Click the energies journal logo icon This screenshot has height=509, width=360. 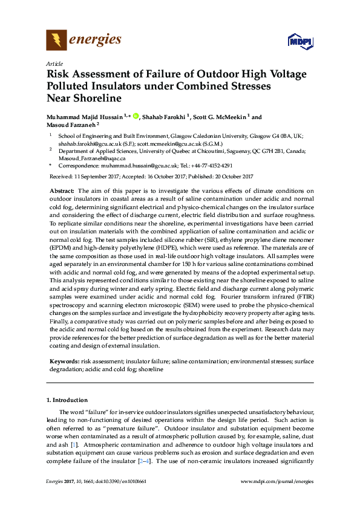pyautogui.click(x=56, y=41)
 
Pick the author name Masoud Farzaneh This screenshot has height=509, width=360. pyautogui.click(x=71, y=125)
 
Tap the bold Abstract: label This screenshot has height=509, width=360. pyautogui.click(x=62, y=190)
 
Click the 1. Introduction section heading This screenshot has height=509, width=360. pyautogui.click(x=67, y=400)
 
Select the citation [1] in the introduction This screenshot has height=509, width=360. pyautogui.click(x=73, y=445)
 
